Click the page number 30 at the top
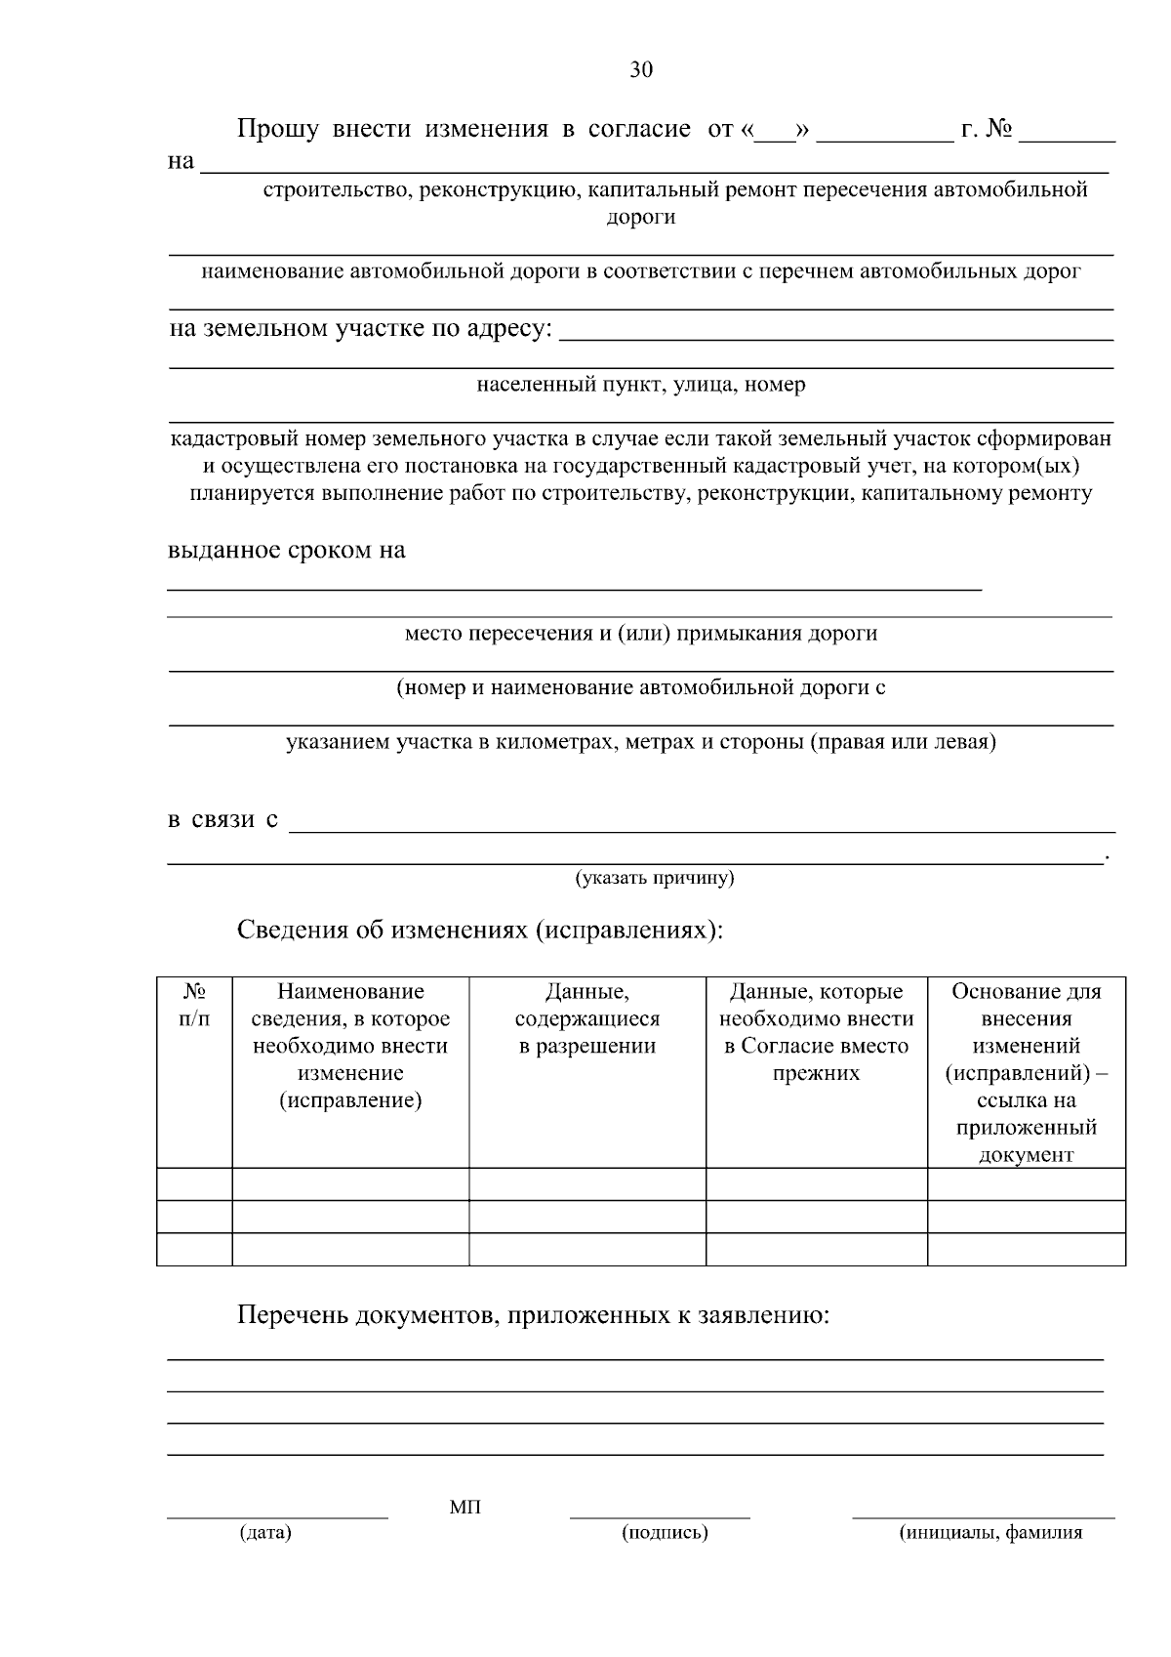point(640,69)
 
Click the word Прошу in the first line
point(278,129)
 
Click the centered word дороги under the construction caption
point(641,217)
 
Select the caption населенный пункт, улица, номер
point(641,384)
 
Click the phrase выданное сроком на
point(287,550)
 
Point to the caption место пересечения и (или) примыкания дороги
point(641,633)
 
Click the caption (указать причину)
point(655,878)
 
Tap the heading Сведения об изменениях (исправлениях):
point(480,929)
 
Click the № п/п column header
point(194,1005)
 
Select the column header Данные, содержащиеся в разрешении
point(586,1019)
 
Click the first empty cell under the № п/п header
point(194,1184)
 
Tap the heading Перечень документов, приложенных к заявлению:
point(533,1315)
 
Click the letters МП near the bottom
point(465,1507)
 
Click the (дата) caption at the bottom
point(265,1532)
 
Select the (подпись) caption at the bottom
point(665,1532)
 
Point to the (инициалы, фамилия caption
point(989,1532)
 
